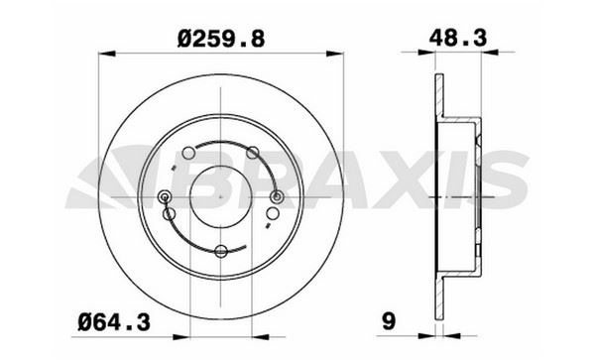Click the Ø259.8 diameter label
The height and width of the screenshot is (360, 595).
[x=221, y=39]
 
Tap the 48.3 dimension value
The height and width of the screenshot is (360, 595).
[x=457, y=38]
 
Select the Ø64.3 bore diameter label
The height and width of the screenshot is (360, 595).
[x=114, y=323]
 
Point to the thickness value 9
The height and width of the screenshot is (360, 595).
[x=389, y=321]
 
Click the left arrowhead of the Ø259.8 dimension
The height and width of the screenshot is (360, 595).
[x=107, y=54]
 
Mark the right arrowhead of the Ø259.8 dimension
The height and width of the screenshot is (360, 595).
[x=335, y=54]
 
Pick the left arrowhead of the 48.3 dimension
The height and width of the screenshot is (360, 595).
[x=426, y=52]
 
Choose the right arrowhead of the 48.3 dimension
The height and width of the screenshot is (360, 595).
[x=490, y=52]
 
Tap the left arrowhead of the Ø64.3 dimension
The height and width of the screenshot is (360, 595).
[x=181, y=336]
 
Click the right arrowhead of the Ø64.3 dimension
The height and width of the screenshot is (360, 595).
[x=260, y=336]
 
